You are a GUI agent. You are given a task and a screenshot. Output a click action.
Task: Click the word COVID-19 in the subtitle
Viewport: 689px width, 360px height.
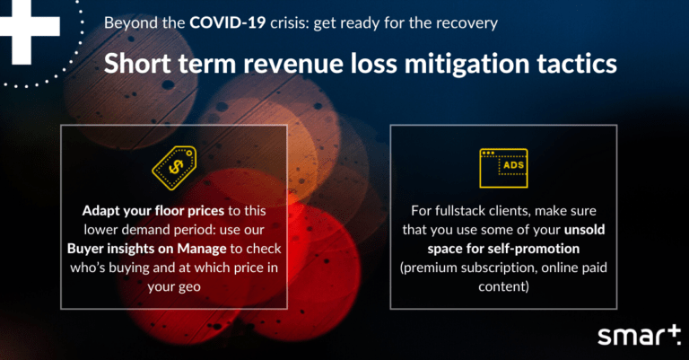tap(228, 22)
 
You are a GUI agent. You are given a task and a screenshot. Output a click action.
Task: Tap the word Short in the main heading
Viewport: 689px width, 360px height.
tap(137, 64)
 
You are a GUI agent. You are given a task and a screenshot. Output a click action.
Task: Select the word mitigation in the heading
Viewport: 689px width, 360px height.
tap(467, 64)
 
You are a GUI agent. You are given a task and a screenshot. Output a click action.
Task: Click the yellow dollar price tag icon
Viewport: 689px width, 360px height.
tap(174, 168)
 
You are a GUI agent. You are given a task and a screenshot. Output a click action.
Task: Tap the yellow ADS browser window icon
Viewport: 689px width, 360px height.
tap(503, 168)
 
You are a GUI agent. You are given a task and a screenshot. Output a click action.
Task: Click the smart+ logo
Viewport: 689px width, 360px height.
tap(639, 336)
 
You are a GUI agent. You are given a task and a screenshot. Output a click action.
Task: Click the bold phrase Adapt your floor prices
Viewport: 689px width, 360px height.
tap(153, 211)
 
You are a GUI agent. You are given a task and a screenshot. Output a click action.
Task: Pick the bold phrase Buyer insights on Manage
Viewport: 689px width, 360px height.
tap(147, 249)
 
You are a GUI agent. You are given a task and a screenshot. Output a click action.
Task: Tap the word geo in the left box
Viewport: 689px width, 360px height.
tap(190, 287)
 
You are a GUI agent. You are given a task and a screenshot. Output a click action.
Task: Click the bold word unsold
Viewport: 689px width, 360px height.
tap(584, 230)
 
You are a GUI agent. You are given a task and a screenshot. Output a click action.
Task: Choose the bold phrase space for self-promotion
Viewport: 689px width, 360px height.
tap(503, 249)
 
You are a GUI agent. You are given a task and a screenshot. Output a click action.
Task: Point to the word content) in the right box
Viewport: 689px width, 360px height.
tap(503, 286)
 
